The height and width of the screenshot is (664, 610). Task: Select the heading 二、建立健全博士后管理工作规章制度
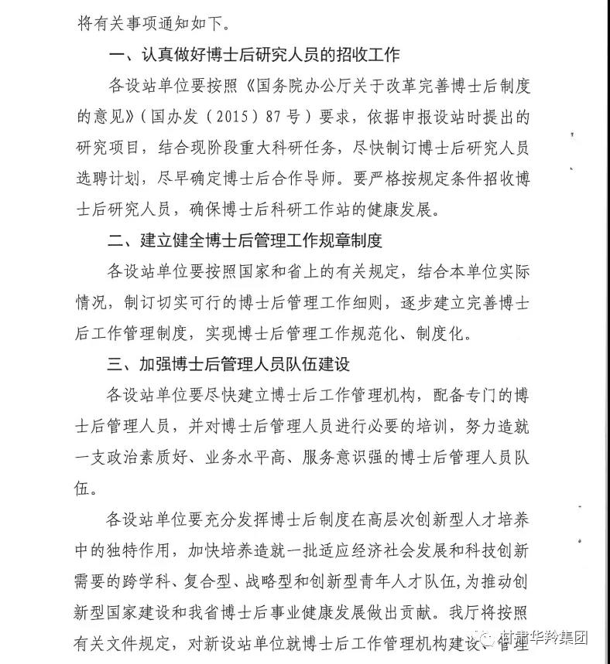(245, 241)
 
